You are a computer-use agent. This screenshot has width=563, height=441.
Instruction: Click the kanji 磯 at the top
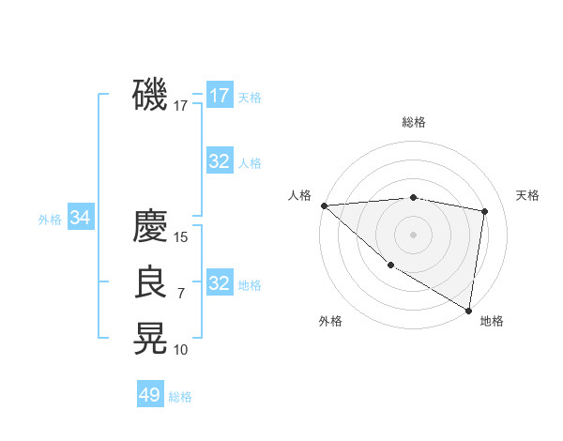(150, 96)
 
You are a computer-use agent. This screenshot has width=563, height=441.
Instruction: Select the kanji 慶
(150, 226)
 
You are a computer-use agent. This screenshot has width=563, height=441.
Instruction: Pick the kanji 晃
(150, 339)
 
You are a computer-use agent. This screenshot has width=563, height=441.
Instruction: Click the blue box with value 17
(219, 96)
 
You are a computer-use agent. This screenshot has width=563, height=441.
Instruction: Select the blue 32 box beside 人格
(219, 161)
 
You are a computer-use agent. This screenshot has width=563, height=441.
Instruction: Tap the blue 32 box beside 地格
(219, 283)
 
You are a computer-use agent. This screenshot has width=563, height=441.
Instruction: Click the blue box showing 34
(80, 218)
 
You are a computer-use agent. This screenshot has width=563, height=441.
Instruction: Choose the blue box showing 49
(150, 395)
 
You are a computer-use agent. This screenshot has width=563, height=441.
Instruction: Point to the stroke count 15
(181, 237)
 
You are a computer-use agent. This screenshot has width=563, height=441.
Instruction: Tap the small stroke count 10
(181, 350)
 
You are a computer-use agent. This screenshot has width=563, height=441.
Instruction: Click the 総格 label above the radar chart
(413, 122)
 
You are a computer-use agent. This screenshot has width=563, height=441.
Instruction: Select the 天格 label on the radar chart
(527, 195)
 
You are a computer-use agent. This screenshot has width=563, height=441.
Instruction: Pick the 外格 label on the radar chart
(330, 321)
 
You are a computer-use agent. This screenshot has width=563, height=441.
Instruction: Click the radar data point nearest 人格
(324, 205)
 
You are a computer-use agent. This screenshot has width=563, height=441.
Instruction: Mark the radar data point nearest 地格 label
(468, 310)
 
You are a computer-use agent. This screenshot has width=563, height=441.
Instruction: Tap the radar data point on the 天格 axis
(485, 211)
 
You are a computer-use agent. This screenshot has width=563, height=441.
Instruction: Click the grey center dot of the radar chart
(413, 234)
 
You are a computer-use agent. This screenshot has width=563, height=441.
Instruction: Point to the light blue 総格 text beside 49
(180, 397)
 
